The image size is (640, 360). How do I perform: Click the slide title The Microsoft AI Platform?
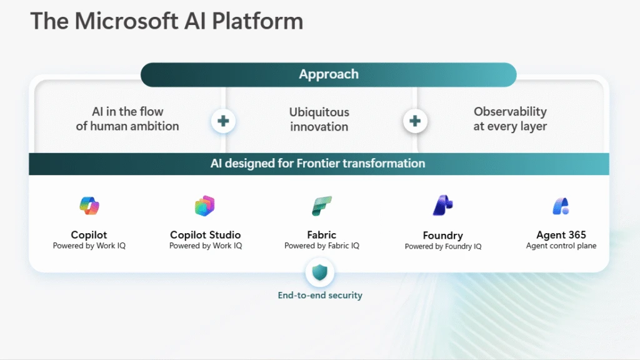pyautogui.click(x=167, y=21)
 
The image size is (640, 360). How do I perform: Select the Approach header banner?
pyautogui.click(x=329, y=74)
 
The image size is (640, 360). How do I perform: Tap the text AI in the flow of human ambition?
pyautogui.click(x=127, y=119)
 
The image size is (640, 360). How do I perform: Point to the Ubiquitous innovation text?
pyautogui.click(x=319, y=119)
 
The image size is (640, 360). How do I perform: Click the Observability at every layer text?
pyautogui.click(x=510, y=119)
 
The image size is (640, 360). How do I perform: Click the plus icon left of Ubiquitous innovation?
pyautogui.click(x=223, y=121)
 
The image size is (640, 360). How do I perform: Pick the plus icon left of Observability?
pyautogui.click(x=415, y=121)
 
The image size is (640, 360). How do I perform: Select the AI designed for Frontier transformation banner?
pyautogui.click(x=318, y=164)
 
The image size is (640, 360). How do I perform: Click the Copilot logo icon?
pyautogui.click(x=89, y=206)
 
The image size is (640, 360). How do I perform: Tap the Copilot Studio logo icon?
pyautogui.click(x=205, y=206)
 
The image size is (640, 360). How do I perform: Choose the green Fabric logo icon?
pyautogui.click(x=321, y=206)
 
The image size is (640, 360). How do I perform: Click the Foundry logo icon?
pyautogui.click(x=442, y=206)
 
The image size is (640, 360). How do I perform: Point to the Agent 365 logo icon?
pyautogui.click(x=561, y=206)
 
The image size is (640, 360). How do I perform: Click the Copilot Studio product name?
pyautogui.click(x=205, y=235)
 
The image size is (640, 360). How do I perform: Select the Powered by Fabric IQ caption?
pyautogui.click(x=321, y=246)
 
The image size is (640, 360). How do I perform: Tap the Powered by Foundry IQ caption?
pyautogui.click(x=442, y=247)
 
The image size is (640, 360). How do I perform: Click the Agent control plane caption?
pyautogui.click(x=561, y=246)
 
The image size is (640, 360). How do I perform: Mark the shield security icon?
pyautogui.click(x=320, y=272)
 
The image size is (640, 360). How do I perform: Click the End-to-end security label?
pyautogui.click(x=320, y=295)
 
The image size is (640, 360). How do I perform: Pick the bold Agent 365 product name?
pyautogui.click(x=561, y=235)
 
